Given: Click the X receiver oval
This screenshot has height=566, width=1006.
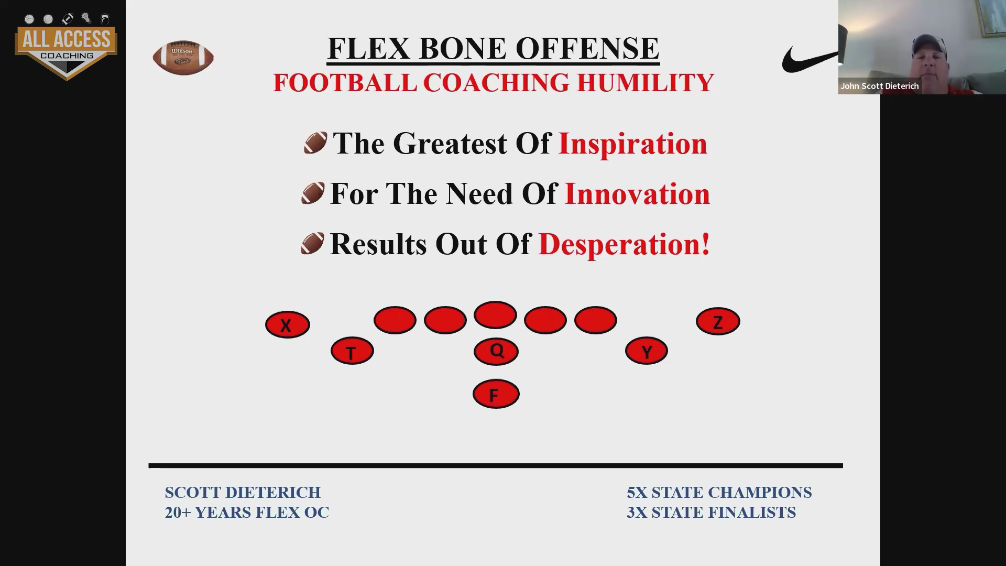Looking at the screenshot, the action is pyautogui.click(x=288, y=324).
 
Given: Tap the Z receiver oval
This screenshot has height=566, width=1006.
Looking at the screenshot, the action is pyautogui.click(x=718, y=321).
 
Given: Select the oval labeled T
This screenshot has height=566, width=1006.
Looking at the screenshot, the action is pyautogui.click(x=352, y=351).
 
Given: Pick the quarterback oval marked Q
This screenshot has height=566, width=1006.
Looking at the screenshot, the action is pyautogui.click(x=496, y=351).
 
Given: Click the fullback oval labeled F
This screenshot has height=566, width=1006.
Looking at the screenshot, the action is pyautogui.click(x=496, y=394).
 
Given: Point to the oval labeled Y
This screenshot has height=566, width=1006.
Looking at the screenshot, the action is pyautogui.click(x=647, y=351).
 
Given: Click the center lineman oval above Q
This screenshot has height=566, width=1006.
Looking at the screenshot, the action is pyautogui.click(x=495, y=315).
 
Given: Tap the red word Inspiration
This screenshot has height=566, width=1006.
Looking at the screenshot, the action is pyautogui.click(x=633, y=144).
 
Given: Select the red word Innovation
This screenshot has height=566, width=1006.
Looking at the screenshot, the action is pyautogui.click(x=637, y=194).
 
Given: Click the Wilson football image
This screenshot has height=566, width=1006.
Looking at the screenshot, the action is pyautogui.click(x=183, y=57).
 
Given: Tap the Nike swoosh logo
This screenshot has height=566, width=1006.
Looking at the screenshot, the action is pyautogui.click(x=810, y=59).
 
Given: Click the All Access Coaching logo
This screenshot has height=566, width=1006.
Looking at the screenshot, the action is pyautogui.click(x=66, y=47).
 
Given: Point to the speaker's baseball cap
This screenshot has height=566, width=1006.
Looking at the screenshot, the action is pyautogui.click(x=929, y=45).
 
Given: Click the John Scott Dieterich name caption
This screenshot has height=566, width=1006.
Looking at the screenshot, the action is pyautogui.click(x=880, y=86).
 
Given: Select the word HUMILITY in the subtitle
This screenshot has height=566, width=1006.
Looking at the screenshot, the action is pyautogui.click(x=646, y=83).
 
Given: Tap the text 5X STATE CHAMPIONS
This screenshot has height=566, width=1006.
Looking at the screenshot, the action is pyautogui.click(x=719, y=493).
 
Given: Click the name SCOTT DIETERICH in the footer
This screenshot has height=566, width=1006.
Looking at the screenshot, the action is pyautogui.click(x=243, y=493).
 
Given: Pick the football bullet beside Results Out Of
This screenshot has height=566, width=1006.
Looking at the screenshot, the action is pyautogui.click(x=313, y=244).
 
